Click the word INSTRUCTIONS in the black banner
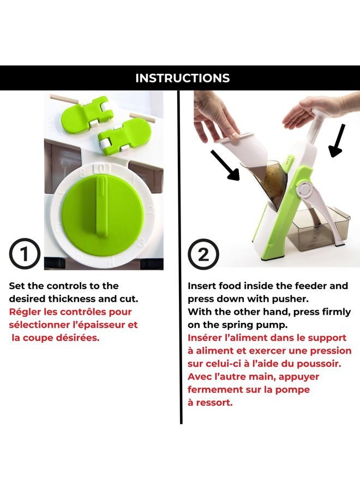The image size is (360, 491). click(183, 78)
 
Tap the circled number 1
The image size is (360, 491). click(24, 254)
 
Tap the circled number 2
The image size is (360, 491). click(203, 254)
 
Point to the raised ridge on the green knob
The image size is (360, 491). click(102, 205)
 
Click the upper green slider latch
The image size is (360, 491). click(86, 113)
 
